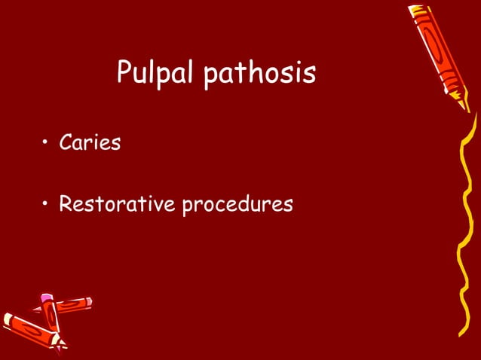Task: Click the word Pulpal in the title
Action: pyautogui.click(x=155, y=73)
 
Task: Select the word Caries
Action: pyautogui.click(x=90, y=142)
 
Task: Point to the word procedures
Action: pyautogui.click(x=237, y=205)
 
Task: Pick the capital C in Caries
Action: pyautogui.click(x=66, y=142)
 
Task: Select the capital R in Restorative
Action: pyautogui.click(x=66, y=203)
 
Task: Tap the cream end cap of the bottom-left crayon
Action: pyautogui.click(x=8, y=319)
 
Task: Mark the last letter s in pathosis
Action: pyautogui.click(x=309, y=75)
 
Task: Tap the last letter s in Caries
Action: pyautogui.click(x=116, y=144)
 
